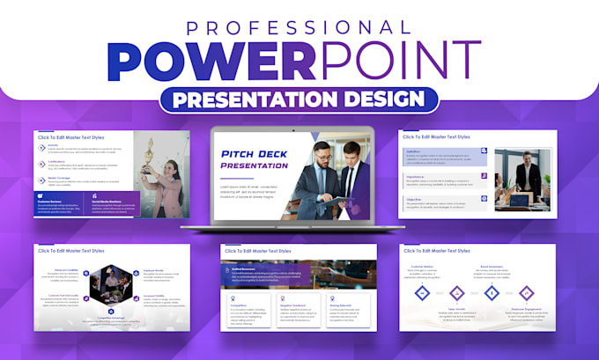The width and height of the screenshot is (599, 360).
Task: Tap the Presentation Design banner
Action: (x=299, y=98)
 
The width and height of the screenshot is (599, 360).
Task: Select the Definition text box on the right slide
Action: (x=440, y=157)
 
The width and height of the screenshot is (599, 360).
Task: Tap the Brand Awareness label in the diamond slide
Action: (x=491, y=265)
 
